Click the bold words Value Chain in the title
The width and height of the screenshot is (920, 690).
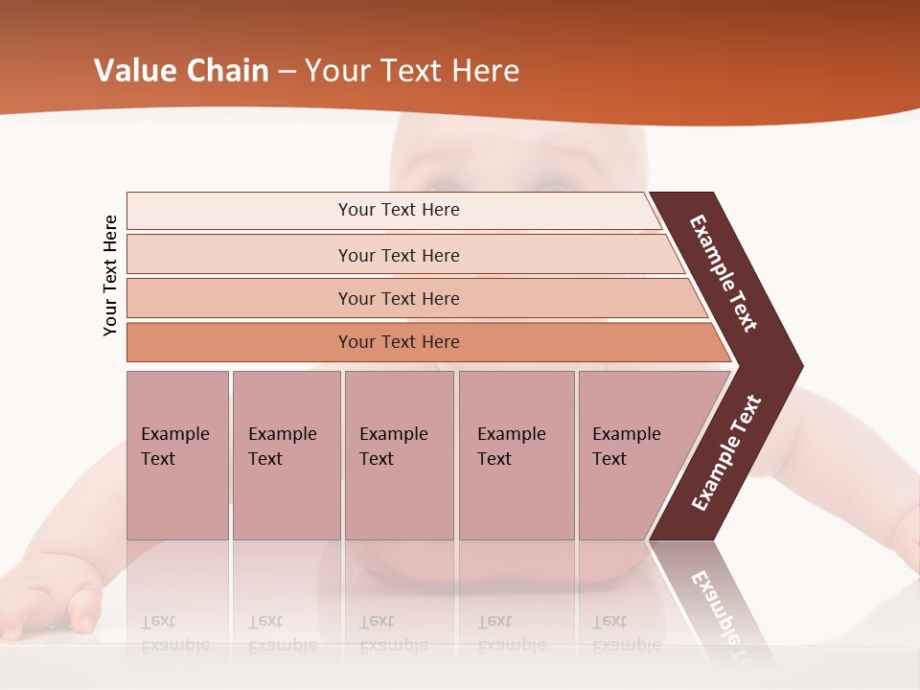point(181,71)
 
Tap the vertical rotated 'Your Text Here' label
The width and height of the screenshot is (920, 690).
point(110,275)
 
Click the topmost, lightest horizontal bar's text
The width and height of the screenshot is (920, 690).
point(399,210)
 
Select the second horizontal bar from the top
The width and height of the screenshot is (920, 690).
point(399,255)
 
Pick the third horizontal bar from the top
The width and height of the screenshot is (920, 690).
point(399,299)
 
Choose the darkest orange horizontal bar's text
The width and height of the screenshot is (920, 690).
point(399,342)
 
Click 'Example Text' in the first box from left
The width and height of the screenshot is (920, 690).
point(174,447)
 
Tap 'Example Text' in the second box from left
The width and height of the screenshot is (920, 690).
point(282,447)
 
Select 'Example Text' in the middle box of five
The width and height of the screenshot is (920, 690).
point(393,447)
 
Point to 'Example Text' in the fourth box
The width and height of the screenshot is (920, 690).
point(511,447)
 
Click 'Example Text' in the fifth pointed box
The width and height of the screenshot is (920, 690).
point(626,447)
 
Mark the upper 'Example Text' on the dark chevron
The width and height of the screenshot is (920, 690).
point(724,273)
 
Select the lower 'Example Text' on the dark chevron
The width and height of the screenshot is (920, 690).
point(725,453)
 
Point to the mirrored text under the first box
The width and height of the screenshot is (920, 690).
point(174,633)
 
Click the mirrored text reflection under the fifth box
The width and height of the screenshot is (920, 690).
point(626,633)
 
